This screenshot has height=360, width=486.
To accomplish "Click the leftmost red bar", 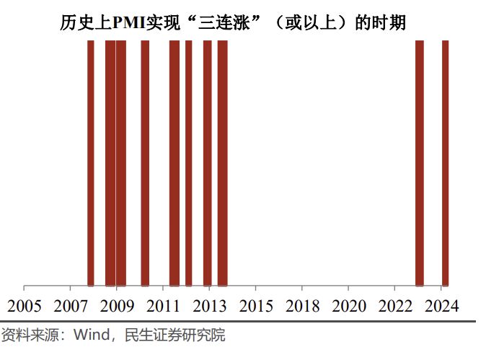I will tap(91, 162).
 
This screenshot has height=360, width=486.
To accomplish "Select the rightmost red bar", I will tap(445, 162).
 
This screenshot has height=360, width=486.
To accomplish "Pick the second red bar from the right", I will tap(420, 162).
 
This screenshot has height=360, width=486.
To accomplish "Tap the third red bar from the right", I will tap(222, 162).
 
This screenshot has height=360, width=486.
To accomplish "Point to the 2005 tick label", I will tap(24, 306).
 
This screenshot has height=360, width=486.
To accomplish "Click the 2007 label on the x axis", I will tap(70, 306).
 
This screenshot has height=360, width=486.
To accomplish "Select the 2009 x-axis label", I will tap(116, 306).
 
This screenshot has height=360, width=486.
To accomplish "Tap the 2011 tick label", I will tap(162, 306).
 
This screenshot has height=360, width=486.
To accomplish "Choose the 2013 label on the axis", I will tap(208, 306).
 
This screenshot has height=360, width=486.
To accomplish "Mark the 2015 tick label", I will tap(255, 306).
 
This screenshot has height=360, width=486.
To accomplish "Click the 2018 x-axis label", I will tap(301, 306).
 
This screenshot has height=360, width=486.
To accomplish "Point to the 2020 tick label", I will tap(348, 306).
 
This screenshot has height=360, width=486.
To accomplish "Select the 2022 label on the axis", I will tap(394, 306).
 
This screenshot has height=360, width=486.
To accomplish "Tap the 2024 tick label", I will tap(440, 306).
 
